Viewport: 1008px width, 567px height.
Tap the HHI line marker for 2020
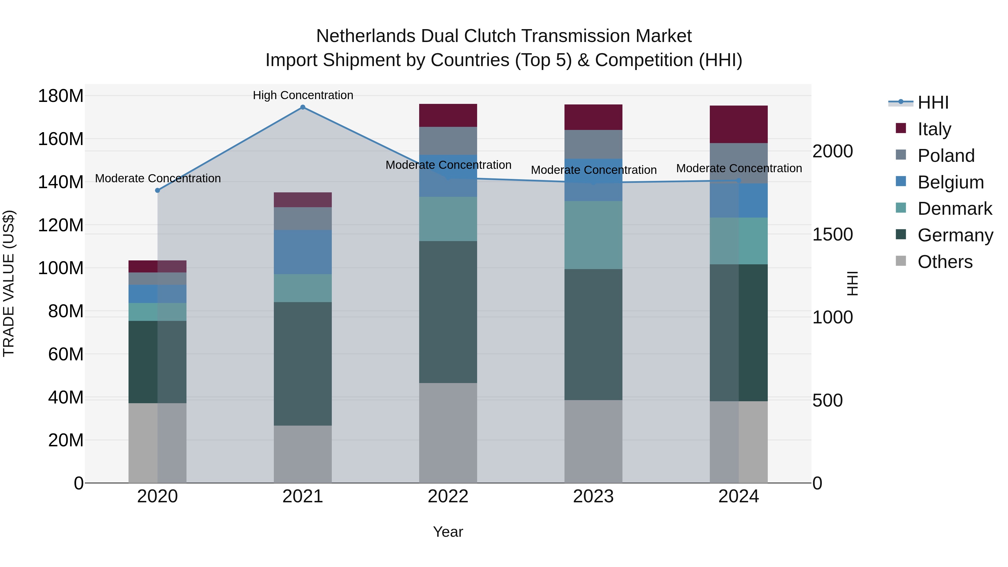[x=158, y=191]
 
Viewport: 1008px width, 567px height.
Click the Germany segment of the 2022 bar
[x=448, y=312]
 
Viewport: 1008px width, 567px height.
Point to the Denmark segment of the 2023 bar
[x=593, y=235]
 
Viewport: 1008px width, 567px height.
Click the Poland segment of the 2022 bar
[x=448, y=141]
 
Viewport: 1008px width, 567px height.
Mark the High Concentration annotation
[x=303, y=95]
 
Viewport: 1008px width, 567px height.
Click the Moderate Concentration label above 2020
[x=158, y=178]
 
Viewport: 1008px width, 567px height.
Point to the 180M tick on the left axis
[x=61, y=96]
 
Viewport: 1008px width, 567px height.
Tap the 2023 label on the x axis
[x=593, y=496]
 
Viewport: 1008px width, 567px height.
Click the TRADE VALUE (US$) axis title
[x=9, y=283]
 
